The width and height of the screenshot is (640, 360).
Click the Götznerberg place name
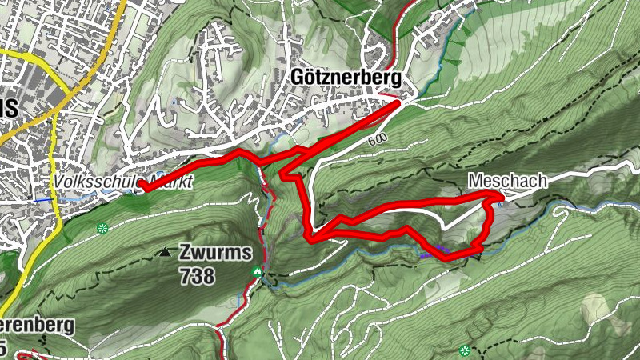point(346,76)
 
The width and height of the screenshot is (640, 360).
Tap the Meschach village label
point(508,181)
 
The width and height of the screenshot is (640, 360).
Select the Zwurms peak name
point(216,252)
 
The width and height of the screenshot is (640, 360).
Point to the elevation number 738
point(197,277)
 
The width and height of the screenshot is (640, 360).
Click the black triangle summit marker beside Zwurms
point(165,252)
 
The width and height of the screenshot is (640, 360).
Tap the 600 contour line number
point(378,139)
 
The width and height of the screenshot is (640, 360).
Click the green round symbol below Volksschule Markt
point(102,229)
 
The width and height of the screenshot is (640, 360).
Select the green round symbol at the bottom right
point(465,350)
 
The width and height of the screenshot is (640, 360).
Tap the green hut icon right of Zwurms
point(257,273)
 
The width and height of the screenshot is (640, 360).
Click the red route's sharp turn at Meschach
point(499,196)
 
